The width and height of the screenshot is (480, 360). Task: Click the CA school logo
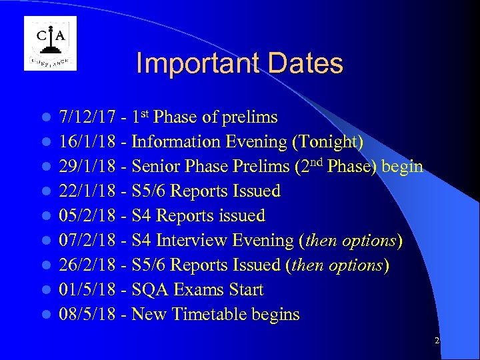pos(50,43)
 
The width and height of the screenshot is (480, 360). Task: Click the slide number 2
pos(437,341)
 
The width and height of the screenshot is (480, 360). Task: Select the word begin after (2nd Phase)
pos(403,167)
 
